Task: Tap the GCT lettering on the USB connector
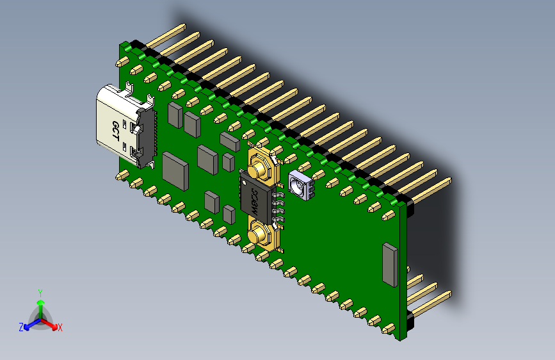tap(116, 131)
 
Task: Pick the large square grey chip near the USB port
tap(175, 169)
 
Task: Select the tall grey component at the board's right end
tap(389, 264)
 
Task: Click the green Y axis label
tap(40, 292)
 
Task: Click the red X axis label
tap(60, 328)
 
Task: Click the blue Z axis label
tap(20, 327)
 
